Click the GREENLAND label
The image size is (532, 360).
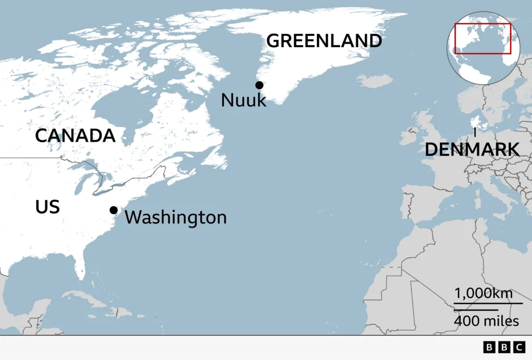324,41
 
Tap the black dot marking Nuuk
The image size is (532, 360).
259,85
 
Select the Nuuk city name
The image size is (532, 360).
243,100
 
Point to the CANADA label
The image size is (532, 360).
75,136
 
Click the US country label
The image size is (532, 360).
47,207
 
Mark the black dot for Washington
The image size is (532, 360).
113,210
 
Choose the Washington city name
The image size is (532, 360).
176,217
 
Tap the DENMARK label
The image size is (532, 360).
472,149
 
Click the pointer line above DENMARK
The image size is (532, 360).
474,132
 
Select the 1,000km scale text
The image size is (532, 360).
483,294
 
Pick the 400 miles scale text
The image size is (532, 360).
486,321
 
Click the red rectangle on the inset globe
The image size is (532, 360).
483,38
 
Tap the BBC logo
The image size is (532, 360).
504,347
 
